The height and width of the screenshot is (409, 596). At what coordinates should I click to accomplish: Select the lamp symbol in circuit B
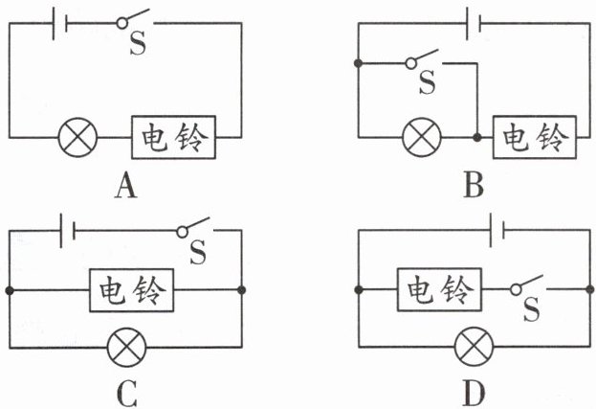point(417,139)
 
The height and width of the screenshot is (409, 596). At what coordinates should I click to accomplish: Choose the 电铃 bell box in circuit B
point(534,140)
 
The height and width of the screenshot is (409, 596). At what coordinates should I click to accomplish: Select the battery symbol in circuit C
point(66,231)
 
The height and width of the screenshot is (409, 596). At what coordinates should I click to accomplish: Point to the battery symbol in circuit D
point(497,231)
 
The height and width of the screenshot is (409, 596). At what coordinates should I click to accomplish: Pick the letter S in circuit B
point(427,83)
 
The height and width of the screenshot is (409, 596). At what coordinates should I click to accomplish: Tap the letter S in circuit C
point(198,254)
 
